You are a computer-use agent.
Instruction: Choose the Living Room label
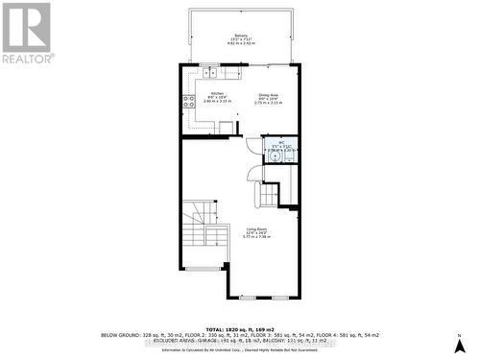click(x=254, y=228)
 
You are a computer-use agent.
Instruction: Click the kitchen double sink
click(x=209, y=70)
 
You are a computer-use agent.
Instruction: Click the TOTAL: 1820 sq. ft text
click(x=240, y=327)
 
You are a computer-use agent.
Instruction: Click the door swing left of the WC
click(x=253, y=147)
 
